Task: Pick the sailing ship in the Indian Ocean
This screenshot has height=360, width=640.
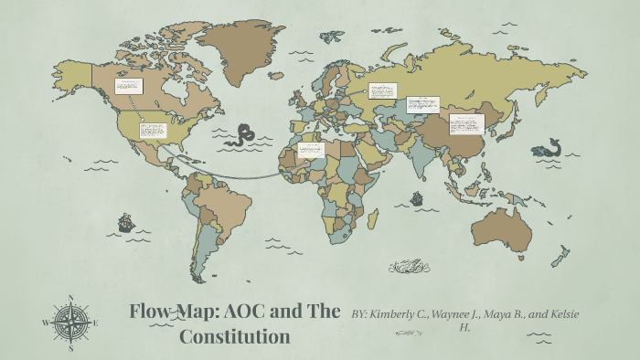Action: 417,196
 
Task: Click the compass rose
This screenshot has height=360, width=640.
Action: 70,323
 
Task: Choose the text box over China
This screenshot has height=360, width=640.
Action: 465,123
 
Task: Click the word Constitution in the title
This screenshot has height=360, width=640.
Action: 234,336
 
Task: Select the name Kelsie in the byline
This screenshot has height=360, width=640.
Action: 561,314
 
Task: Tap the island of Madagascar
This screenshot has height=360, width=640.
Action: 373,217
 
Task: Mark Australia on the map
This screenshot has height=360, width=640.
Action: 500,228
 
